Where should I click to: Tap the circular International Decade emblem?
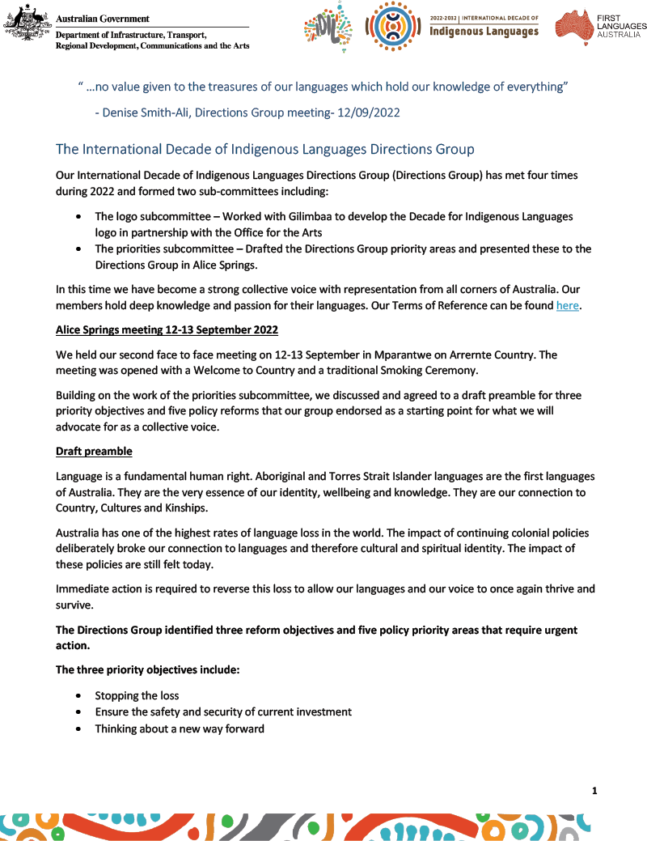coord(392,26)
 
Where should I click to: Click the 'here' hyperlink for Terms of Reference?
coord(567,306)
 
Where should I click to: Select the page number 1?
coord(594,791)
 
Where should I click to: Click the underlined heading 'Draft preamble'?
coord(94,451)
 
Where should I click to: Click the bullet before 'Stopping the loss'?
coord(78,696)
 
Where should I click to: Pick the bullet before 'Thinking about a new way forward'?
coord(78,729)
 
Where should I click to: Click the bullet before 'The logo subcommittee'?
coord(78,217)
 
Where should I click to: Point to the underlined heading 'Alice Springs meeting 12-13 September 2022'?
coord(167,329)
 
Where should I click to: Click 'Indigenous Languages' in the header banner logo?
coord(484,32)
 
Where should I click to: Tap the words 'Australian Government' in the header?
coord(103,19)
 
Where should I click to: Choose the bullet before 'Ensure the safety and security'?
coord(78,712)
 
